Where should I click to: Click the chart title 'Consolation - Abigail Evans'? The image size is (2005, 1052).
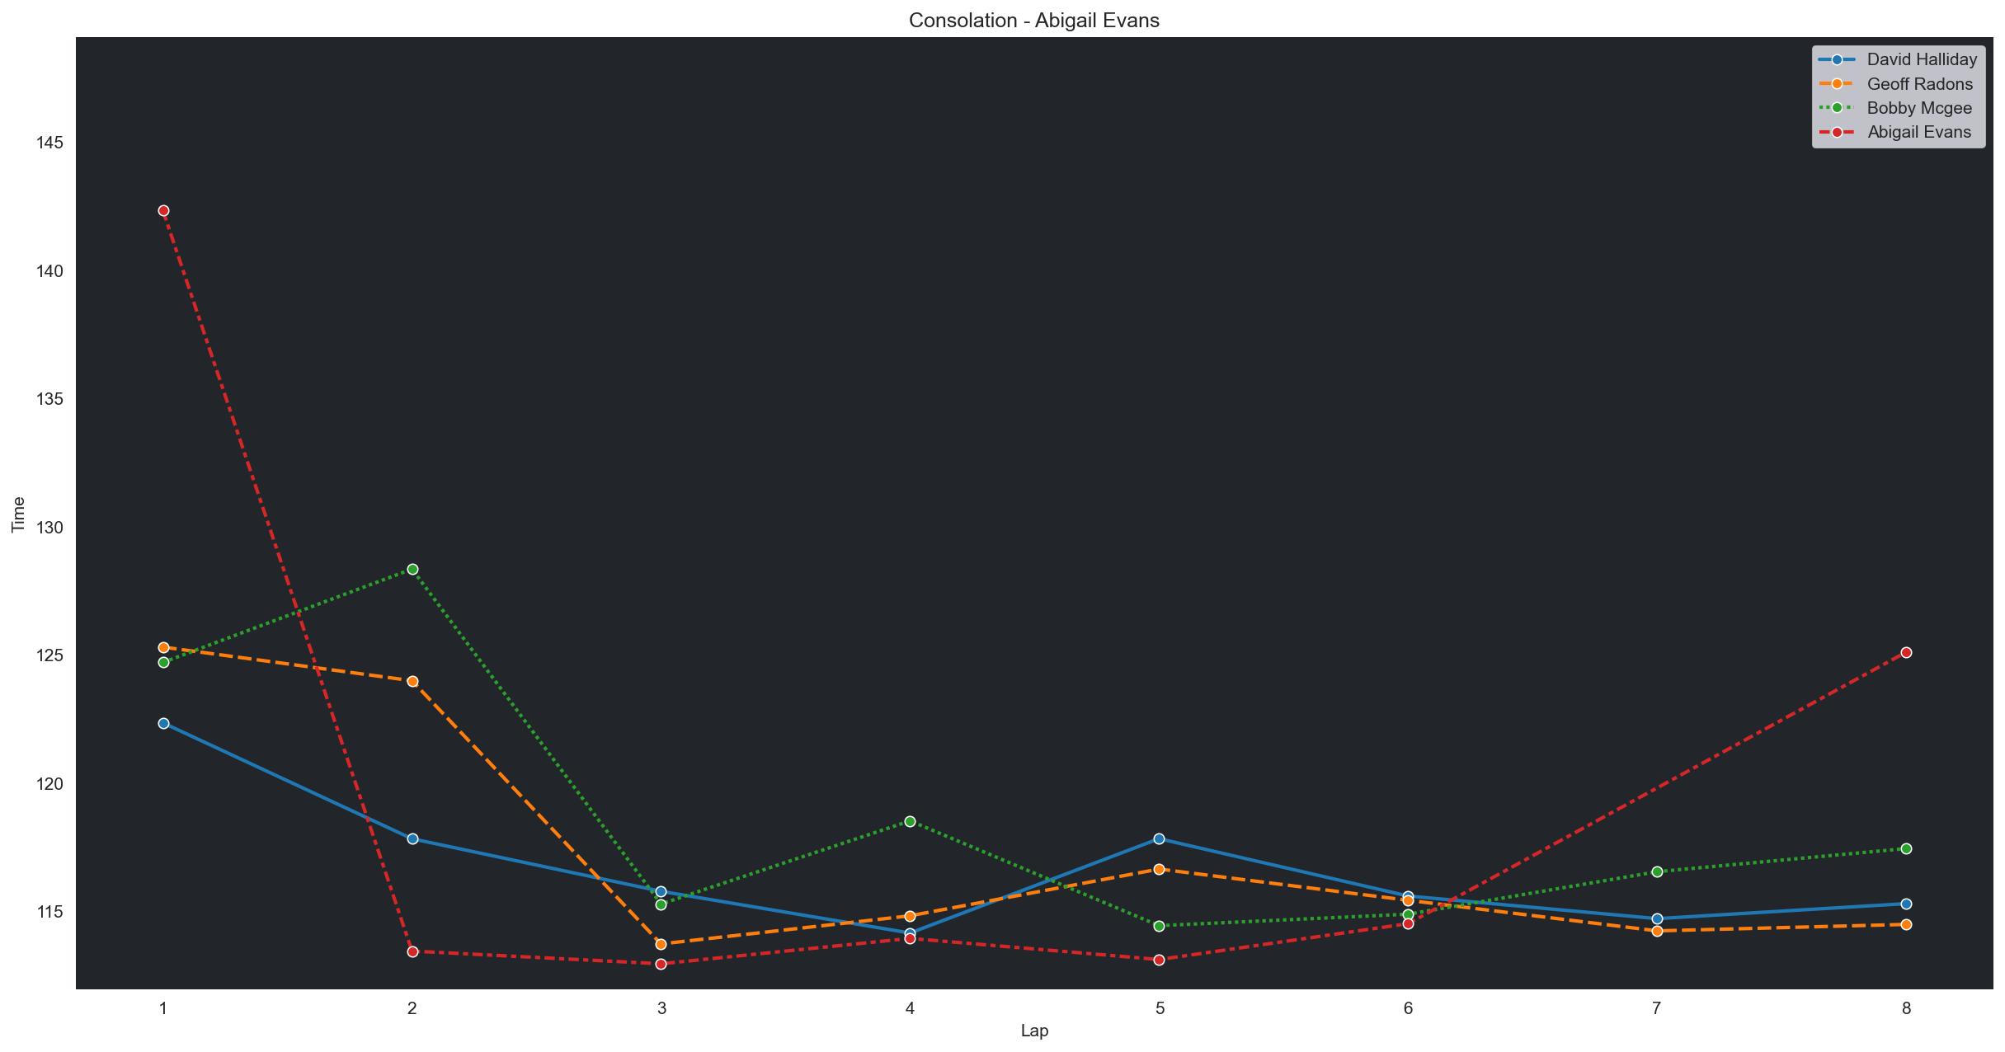coord(1033,21)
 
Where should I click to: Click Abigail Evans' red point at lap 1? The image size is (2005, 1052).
coord(163,211)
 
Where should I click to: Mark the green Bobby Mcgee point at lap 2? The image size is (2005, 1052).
coord(412,570)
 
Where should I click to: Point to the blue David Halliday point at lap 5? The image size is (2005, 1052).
coord(1159,838)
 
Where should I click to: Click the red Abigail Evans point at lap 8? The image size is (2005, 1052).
coord(1906,653)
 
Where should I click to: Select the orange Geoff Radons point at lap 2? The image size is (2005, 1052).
coord(412,681)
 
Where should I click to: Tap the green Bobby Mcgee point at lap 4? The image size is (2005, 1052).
coord(910,821)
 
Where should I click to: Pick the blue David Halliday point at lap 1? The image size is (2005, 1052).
coord(163,723)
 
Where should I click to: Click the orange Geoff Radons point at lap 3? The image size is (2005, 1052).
coord(661,944)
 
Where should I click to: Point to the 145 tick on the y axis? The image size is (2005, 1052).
coord(49,143)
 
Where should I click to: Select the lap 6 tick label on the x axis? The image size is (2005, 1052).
coord(1408,1008)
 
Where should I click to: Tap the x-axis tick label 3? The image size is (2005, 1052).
coord(661,1008)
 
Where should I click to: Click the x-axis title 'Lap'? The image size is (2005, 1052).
coord(1034,1031)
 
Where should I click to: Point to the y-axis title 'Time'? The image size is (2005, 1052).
coord(18,514)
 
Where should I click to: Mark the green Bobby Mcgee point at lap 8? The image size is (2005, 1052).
coord(1906,849)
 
